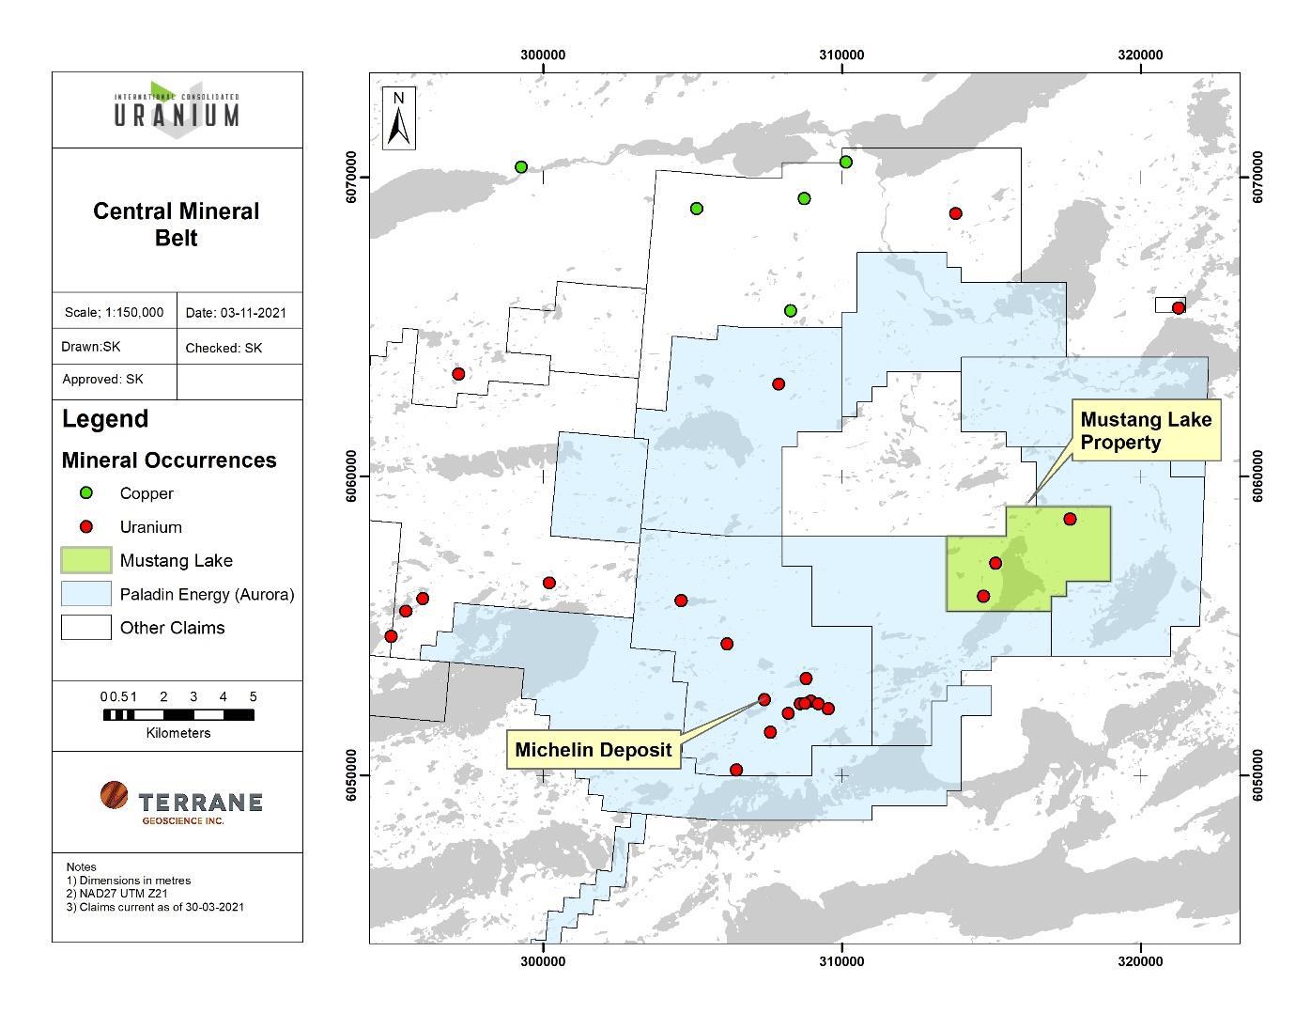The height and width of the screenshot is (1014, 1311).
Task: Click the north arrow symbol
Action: click(399, 118)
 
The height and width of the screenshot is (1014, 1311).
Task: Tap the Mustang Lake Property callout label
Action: click(1145, 431)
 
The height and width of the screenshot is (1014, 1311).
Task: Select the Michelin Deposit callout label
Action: click(593, 749)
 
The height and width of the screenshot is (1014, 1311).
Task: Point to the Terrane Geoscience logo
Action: click(180, 802)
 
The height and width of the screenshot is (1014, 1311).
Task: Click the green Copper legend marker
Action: click(86, 492)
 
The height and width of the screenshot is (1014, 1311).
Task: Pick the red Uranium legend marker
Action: click(86, 526)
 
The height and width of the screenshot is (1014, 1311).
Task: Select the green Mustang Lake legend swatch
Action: click(86, 560)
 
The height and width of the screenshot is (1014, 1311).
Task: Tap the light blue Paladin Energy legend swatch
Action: click(86, 594)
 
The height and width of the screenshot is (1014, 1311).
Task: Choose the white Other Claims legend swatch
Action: click(86, 628)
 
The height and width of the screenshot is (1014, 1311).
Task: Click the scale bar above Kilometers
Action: click(178, 715)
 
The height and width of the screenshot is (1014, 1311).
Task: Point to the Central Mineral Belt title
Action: click(177, 224)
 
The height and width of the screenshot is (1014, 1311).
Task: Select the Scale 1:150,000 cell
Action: click(114, 312)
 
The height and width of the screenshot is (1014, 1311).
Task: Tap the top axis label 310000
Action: click(841, 55)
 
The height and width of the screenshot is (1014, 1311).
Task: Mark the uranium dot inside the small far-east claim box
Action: click(1179, 307)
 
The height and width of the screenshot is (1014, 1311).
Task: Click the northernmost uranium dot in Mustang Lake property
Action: click(1070, 519)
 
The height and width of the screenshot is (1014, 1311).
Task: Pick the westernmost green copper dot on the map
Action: click(521, 167)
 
